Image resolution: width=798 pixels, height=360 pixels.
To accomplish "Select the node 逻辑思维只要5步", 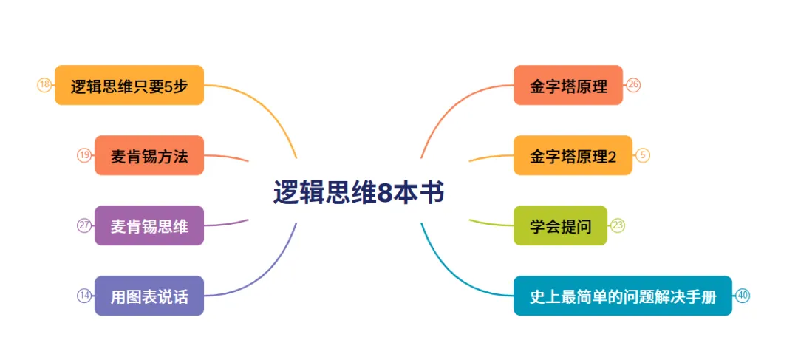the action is pyautogui.click(x=129, y=86).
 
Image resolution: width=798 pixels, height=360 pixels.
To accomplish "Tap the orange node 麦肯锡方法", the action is pyautogui.click(x=149, y=156).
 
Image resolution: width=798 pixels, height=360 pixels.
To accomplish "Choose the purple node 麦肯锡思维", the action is pyautogui.click(x=149, y=225).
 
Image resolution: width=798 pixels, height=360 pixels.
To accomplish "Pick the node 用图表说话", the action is pyautogui.click(x=149, y=296).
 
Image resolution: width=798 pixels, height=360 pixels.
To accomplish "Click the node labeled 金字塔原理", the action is pyautogui.click(x=568, y=86).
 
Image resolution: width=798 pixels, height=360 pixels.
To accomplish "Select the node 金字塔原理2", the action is pyautogui.click(x=573, y=156).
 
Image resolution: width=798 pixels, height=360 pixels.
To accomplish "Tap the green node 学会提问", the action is pyautogui.click(x=560, y=225).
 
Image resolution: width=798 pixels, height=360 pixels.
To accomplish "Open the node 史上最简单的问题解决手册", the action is pyautogui.click(x=622, y=296).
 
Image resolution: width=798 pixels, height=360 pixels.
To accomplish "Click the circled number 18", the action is pyautogui.click(x=44, y=85).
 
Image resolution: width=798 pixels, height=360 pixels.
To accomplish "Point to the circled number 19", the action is pyautogui.click(x=84, y=155).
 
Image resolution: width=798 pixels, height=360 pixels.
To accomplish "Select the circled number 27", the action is pyautogui.click(x=84, y=225).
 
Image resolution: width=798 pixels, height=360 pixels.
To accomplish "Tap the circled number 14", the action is pyautogui.click(x=84, y=296).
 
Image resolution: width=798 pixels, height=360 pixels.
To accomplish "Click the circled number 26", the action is pyautogui.click(x=633, y=85).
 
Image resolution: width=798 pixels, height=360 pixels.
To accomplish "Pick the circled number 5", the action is pyautogui.click(x=643, y=155).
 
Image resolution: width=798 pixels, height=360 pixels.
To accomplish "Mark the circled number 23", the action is pyautogui.click(x=618, y=225).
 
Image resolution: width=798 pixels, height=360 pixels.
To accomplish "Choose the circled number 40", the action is pyautogui.click(x=743, y=296).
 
